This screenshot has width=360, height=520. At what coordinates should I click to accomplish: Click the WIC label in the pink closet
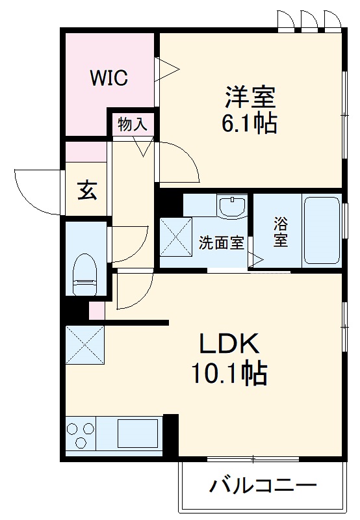tap(109, 78)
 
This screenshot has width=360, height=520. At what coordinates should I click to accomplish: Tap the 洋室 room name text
tap(251, 97)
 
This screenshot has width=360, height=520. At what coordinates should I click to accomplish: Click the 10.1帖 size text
tap(229, 373)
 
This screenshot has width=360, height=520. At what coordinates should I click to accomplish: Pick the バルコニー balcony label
tap(263, 486)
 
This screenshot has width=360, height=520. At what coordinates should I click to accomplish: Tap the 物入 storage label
tap(133, 124)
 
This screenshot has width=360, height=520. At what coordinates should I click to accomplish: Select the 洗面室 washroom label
tap(221, 244)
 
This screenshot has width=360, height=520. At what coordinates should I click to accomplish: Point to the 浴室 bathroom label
tap(281, 232)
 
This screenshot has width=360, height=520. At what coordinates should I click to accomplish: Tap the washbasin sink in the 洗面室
tap(232, 207)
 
